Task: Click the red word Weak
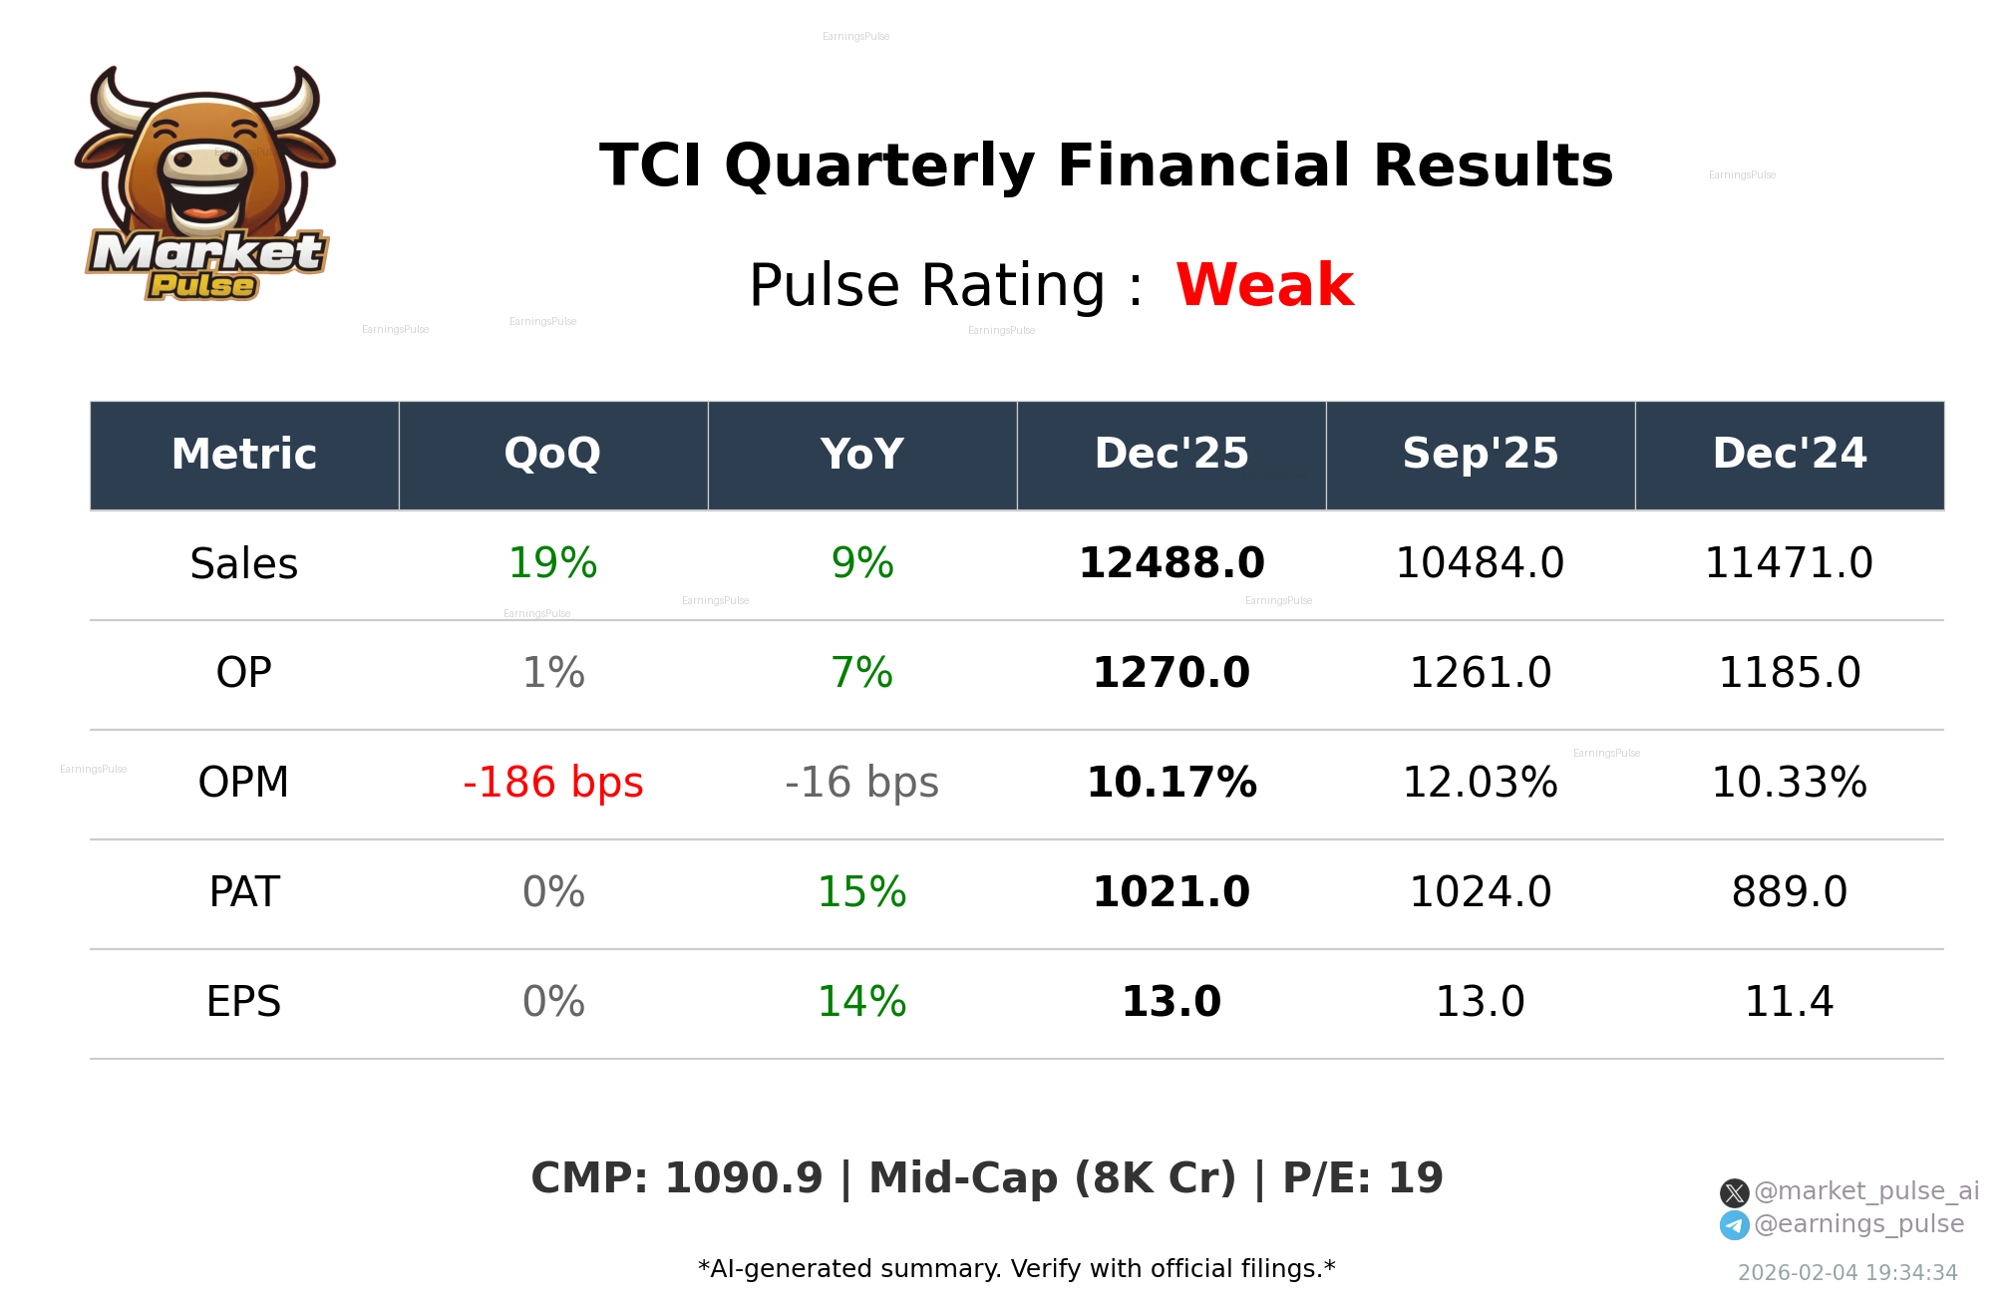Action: point(1264,285)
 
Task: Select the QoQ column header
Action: point(552,455)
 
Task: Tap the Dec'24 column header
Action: point(1789,455)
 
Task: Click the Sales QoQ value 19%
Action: point(552,564)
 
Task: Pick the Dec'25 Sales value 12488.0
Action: point(1172,564)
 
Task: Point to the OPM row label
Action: point(243,783)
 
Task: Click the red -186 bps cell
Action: point(552,783)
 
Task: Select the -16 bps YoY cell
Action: point(861,783)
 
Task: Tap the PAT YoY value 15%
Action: point(861,892)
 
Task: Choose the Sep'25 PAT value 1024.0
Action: point(1480,892)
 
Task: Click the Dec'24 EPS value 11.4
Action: point(1789,1002)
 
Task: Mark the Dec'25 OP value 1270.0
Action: point(1172,673)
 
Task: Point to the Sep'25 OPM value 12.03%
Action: point(1480,783)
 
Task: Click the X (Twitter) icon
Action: point(1734,1192)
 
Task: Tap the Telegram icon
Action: point(1734,1225)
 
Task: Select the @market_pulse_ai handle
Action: point(1865,1191)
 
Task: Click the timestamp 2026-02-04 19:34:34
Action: point(1847,1273)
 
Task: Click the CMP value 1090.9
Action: point(744,1178)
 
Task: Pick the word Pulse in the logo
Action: point(202,286)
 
